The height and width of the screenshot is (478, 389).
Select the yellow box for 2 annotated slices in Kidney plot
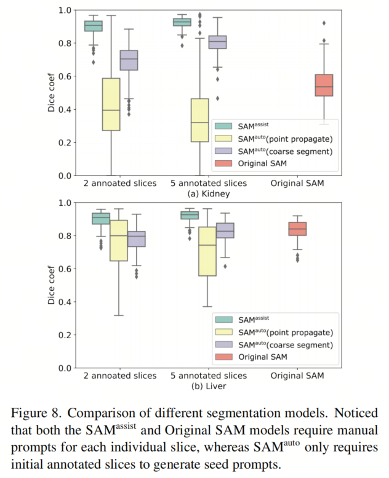coord(111,104)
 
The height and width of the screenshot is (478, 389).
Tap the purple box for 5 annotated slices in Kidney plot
coord(218,42)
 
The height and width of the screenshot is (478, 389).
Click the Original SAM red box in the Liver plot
coord(297,229)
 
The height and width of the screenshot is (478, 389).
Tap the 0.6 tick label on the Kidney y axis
coord(65,76)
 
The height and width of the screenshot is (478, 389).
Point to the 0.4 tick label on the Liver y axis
coord(65,302)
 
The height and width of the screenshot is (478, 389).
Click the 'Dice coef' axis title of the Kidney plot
coord(52,93)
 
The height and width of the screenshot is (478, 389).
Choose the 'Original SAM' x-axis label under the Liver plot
coord(298,375)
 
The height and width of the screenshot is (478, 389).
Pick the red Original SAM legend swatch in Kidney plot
coord(225,163)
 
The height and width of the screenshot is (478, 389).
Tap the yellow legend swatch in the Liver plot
coord(225,331)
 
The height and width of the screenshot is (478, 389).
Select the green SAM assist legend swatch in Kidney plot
coord(225,124)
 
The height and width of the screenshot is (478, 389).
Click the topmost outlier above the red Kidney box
coord(324,23)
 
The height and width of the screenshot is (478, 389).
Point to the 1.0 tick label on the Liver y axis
coord(65,203)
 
